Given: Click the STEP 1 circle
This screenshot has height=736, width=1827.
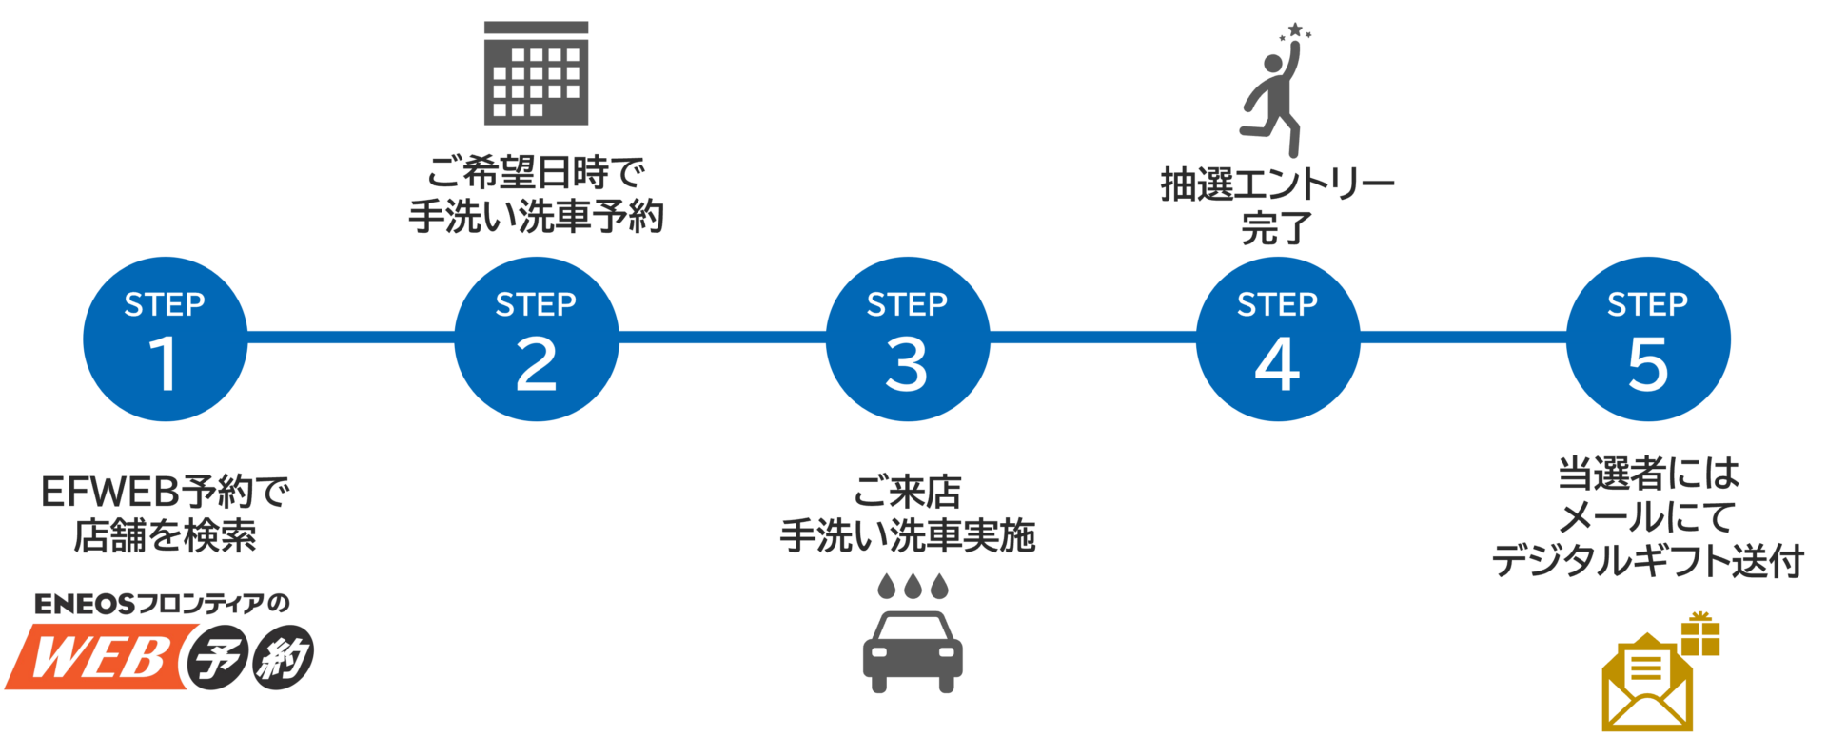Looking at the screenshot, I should tap(165, 339).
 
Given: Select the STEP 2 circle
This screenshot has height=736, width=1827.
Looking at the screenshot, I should tap(536, 339).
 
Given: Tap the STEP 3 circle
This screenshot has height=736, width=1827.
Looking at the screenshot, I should tap(907, 339).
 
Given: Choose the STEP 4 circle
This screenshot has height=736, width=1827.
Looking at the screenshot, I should tap(1277, 339).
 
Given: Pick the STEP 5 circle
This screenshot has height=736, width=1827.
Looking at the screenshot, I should tap(1648, 339).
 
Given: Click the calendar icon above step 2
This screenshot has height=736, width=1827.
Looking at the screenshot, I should tap(536, 73).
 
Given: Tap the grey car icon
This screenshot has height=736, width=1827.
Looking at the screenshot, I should tap(913, 651).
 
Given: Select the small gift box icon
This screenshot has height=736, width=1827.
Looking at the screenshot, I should tap(1699, 634).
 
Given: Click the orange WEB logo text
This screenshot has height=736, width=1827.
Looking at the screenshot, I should tap(100, 656).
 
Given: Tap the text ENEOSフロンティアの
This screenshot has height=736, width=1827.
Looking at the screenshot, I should tap(162, 604).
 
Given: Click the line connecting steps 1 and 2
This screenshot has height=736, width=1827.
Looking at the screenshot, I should tap(350, 337).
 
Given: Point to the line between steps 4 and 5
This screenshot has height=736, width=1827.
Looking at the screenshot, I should tap(1463, 337).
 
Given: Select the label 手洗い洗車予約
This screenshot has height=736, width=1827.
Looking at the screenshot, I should tap(536, 217).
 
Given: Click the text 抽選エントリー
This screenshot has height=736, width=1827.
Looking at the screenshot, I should tap(1277, 184).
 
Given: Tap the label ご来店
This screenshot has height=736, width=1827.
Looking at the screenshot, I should tap(907, 493).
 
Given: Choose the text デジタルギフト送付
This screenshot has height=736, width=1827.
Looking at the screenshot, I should tap(1647, 561).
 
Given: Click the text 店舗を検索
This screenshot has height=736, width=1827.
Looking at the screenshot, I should tap(165, 536).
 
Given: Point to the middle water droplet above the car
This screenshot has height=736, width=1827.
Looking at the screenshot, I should tap(913, 586).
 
